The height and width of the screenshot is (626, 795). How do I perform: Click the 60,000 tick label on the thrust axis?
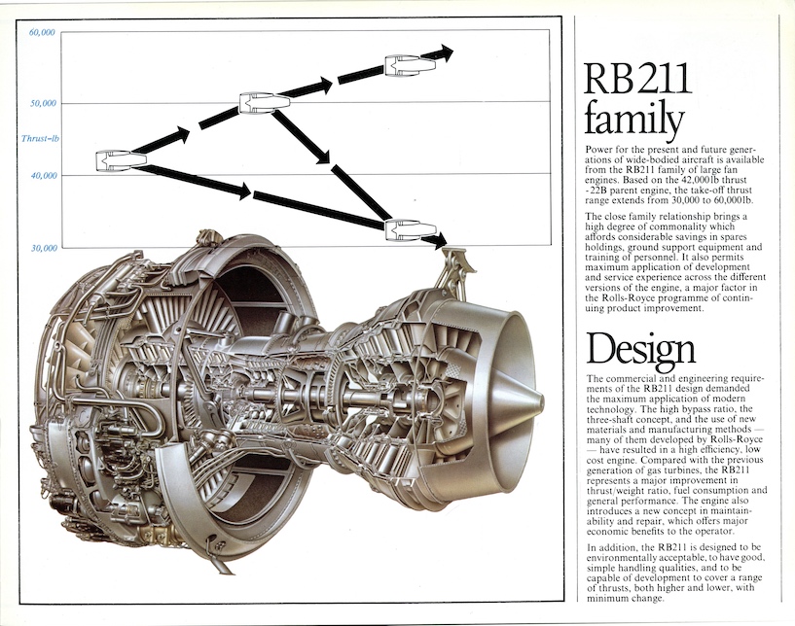pyautogui.click(x=41, y=32)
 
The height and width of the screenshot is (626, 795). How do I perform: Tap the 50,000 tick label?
pyautogui.click(x=41, y=103)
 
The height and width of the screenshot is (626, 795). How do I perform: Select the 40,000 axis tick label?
pyautogui.click(x=41, y=175)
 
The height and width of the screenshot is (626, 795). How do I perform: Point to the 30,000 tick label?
pyautogui.click(x=41, y=247)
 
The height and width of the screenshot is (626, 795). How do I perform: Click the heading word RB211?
pyautogui.click(x=637, y=80)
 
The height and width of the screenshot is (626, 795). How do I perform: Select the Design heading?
pyautogui.click(x=641, y=347)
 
